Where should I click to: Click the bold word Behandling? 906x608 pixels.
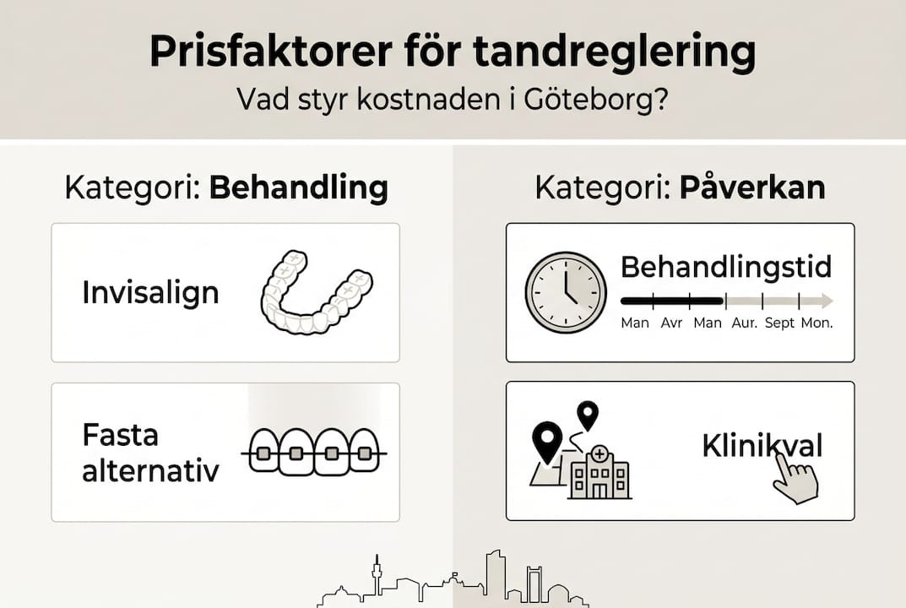pos(298,188)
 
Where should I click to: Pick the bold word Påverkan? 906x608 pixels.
pos(751,188)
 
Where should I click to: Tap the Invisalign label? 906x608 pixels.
pos(150,293)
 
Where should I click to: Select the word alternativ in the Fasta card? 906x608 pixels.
pos(150,470)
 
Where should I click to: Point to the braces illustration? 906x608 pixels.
pos(314,453)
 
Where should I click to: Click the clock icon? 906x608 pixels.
pos(566,292)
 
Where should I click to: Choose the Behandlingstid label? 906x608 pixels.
pos(726,268)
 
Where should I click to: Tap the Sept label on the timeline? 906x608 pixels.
pos(779,323)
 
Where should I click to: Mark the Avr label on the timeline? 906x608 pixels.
pos(671,323)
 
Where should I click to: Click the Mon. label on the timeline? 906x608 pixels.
pos(816,323)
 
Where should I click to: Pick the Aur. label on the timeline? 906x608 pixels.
pos(743,323)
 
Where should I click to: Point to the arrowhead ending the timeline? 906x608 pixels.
pos(827,301)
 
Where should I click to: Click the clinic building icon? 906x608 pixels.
pos(600,473)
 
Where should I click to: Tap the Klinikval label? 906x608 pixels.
pos(762,446)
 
